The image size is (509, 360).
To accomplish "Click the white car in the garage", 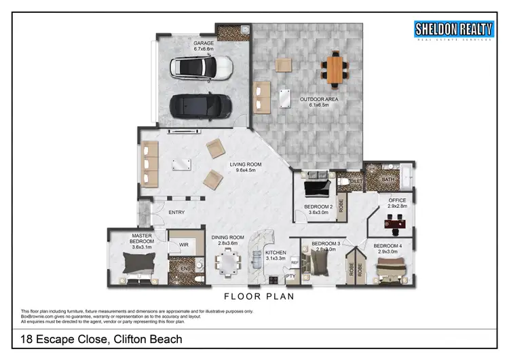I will click(202, 67).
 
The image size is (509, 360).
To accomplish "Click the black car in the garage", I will click(201, 105).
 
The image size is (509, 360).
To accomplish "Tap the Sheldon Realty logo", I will click(453, 31).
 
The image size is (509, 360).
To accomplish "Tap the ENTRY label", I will click(176, 213).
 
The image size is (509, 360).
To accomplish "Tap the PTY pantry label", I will click(290, 276).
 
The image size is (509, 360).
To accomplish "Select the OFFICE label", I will click(397, 200).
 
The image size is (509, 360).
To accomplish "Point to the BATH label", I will click(388, 179).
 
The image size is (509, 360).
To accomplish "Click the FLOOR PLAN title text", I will click(259, 297).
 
